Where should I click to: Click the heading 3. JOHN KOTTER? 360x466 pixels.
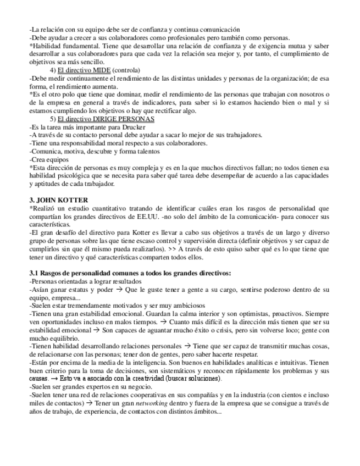pyautogui.click(x=58, y=199)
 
